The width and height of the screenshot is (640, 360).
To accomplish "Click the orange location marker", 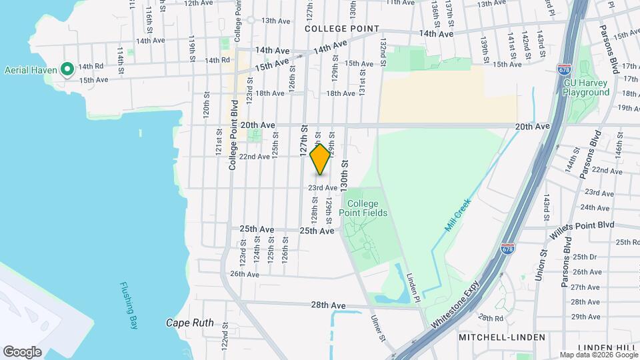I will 321,159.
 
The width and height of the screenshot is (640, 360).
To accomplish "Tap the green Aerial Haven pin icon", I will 67,69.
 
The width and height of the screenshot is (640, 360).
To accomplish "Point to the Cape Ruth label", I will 190,323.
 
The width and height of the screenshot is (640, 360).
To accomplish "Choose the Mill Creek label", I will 457,215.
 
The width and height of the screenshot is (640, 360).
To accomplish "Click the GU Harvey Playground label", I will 587,87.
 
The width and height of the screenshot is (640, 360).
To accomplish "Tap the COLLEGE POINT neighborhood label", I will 342,29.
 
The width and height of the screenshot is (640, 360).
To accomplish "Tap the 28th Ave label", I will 328,305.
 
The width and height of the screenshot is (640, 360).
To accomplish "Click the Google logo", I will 22,351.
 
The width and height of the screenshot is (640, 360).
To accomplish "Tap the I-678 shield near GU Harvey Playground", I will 563,69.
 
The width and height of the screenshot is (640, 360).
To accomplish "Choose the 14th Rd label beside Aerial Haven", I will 90,67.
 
